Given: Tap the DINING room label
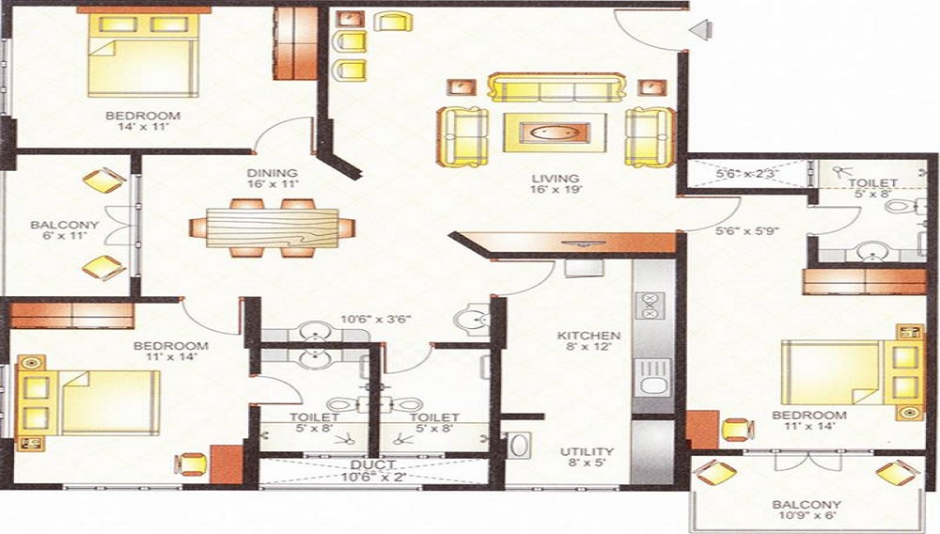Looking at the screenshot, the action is point(273,173).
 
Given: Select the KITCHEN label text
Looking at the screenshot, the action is point(587,336).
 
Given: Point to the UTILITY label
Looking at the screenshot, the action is point(587,451).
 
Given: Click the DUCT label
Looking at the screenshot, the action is point(373,464).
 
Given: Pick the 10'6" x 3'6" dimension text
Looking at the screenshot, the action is point(375,320).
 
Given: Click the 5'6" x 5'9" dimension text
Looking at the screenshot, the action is point(747,229).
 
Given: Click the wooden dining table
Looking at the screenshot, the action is point(273,228).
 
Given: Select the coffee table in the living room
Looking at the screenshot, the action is point(555,132).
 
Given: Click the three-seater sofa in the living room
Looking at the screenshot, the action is point(556,88).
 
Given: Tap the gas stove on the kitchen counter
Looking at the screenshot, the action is point(649,306).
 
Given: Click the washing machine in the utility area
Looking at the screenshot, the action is point(519,446).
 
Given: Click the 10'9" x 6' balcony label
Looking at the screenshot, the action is point(806,510).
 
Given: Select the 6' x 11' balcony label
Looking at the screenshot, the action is point(65,230).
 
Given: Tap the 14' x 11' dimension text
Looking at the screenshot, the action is point(143,127).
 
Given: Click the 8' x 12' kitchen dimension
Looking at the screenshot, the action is point(587,346).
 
